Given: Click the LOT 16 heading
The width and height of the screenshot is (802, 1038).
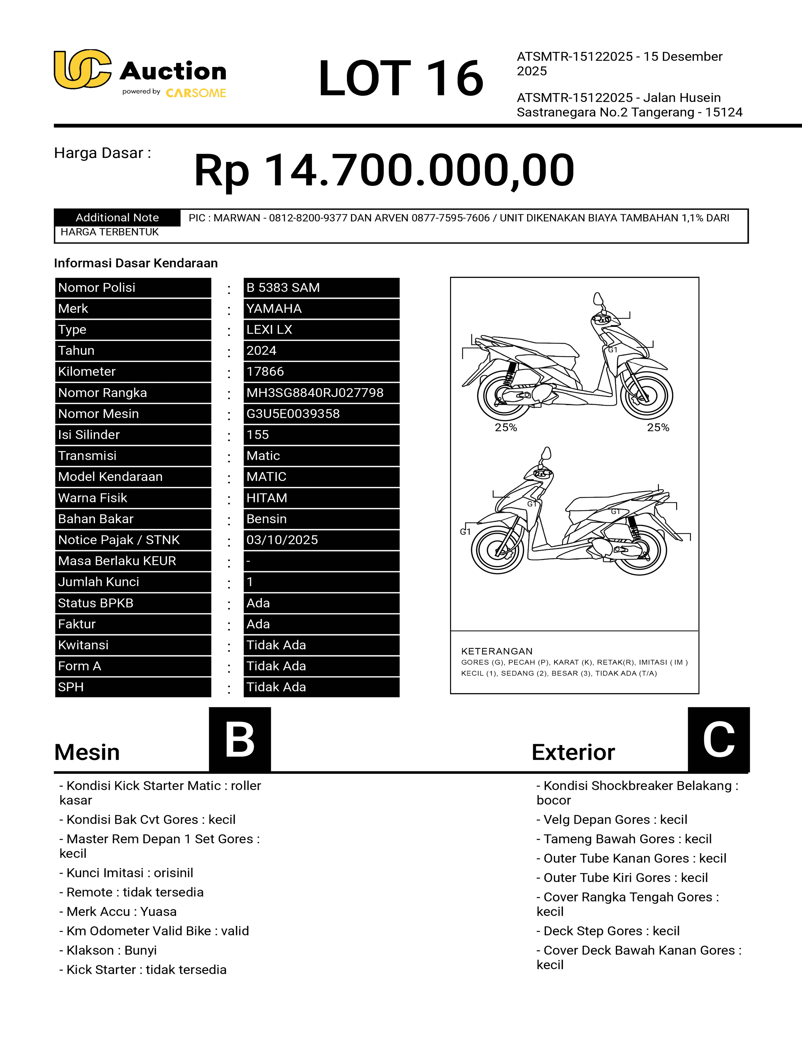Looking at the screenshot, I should pyautogui.click(x=400, y=78).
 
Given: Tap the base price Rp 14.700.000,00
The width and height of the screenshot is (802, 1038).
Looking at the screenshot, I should pyautogui.click(x=384, y=170).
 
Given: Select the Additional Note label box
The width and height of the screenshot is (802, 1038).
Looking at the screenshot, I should pyautogui.click(x=117, y=218).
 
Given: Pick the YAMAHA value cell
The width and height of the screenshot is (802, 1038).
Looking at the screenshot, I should pyautogui.click(x=321, y=309).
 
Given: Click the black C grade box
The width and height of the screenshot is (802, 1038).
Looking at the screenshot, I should pyautogui.click(x=718, y=739).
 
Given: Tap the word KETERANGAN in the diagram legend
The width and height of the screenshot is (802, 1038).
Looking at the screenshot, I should pyautogui.click(x=497, y=651).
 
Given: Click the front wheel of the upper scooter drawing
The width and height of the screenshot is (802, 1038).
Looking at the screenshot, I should pyautogui.click(x=647, y=395).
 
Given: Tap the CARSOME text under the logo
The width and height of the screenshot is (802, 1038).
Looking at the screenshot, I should pyautogui.click(x=196, y=93).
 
